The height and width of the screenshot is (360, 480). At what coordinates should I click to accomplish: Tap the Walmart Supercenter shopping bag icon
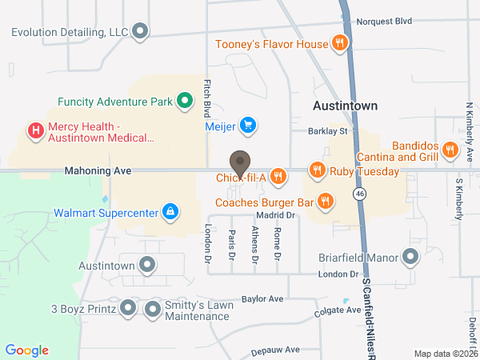170,212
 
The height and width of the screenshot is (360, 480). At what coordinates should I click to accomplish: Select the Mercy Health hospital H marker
35,130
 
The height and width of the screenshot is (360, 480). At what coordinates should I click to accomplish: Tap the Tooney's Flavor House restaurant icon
340,43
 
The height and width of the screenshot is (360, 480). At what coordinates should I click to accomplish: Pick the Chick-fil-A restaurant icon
278,176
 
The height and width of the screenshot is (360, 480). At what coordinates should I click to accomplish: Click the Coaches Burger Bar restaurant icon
325,200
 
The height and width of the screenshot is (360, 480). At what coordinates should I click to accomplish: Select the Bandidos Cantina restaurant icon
450,150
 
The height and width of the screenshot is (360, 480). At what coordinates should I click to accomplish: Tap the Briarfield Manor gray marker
410,257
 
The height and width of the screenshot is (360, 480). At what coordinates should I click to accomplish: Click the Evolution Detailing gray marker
141,32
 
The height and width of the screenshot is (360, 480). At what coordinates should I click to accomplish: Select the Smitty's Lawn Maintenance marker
153,308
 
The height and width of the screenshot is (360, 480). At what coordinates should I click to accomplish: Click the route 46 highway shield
361,193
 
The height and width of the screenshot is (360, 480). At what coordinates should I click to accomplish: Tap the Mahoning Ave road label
99,170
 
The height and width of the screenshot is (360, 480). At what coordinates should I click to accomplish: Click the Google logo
27,350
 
